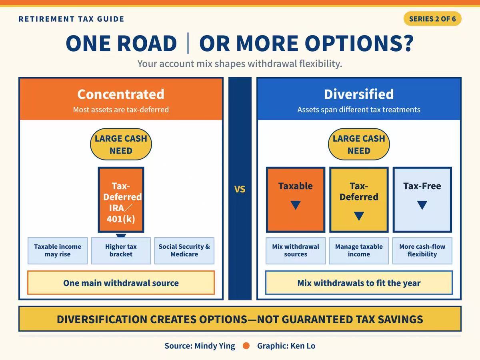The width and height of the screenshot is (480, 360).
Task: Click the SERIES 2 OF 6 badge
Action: click(432, 19)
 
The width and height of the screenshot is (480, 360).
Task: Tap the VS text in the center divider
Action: click(240, 189)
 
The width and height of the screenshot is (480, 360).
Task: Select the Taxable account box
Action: click(296, 200)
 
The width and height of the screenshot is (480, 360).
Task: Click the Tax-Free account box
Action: click(422, 200)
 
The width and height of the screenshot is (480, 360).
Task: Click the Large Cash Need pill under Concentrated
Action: click(121, 144)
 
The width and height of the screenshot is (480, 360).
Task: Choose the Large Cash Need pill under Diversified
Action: click(359, 144)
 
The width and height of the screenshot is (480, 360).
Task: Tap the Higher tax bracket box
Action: click(121, 251)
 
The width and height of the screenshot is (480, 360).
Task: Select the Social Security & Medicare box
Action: click(184, 251)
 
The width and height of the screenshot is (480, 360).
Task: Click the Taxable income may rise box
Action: click(58, 251)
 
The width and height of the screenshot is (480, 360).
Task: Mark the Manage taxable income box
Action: click(359, 251)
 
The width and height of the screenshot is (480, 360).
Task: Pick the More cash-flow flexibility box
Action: click(422, 251)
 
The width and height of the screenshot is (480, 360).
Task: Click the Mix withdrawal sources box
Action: click(296, 251)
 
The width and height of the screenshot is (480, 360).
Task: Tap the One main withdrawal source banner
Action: click(121, 283)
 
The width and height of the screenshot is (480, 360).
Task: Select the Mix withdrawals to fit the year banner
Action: click(359, 283)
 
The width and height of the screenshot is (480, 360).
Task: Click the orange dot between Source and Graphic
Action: click(246, 346)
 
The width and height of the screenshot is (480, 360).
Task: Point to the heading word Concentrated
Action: click(121, 94)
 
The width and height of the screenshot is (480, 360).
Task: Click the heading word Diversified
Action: click(359, 94)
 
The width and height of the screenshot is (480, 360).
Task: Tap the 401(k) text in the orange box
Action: click(121, 219)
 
